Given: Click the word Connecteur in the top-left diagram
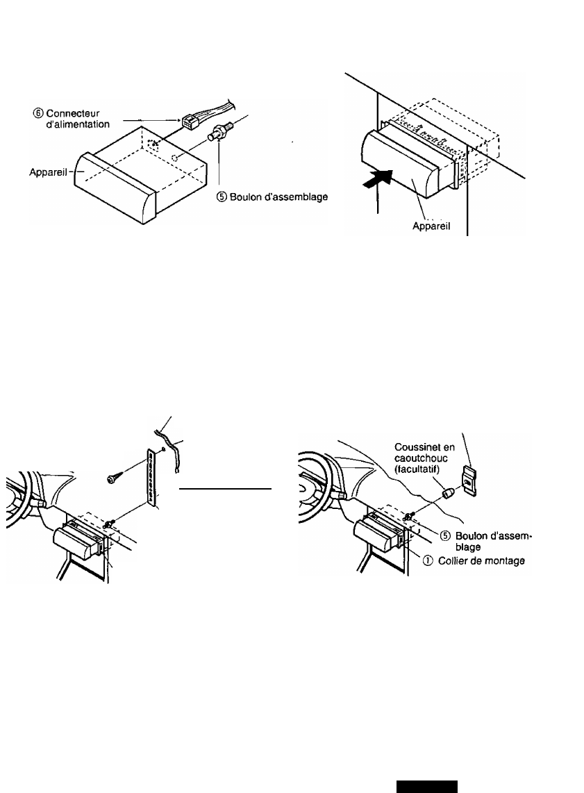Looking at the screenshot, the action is [x=73, y=113].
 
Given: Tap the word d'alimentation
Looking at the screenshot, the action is [x=78, y=124].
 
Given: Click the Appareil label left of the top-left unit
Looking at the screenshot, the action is [x=48, y=172].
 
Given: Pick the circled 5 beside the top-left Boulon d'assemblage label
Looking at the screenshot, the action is [x=222, y=197].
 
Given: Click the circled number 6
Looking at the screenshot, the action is [x=38, y=113].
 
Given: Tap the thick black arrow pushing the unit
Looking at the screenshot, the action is [x=378, y=179].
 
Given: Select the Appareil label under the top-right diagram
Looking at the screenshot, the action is [x=431, y=226].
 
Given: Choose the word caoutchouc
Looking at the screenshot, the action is [x=421, y=459].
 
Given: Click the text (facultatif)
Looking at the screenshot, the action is [x=417, y=470].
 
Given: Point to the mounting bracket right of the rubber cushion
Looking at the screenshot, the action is [x=469, y=481].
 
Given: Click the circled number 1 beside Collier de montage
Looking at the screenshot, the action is [x=428, y=561].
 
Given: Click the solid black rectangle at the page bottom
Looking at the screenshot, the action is [x=427, y=787].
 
